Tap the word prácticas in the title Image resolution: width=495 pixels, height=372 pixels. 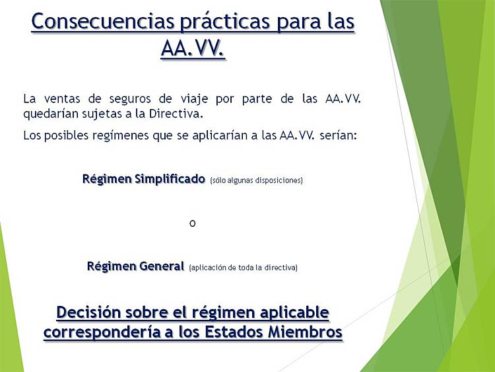(225, 22)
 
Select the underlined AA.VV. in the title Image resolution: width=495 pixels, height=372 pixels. (193, 48)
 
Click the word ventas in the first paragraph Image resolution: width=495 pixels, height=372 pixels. (62, 99)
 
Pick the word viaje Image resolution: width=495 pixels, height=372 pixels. (195, 100)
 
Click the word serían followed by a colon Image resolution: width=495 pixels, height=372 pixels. (338, 135)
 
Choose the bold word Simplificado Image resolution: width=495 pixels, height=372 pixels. (170, 179)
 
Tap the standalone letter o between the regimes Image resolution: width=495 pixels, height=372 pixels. (193, 223)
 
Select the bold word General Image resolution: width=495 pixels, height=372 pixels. (162, 266)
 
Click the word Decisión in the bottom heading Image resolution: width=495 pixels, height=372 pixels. (88, 313)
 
